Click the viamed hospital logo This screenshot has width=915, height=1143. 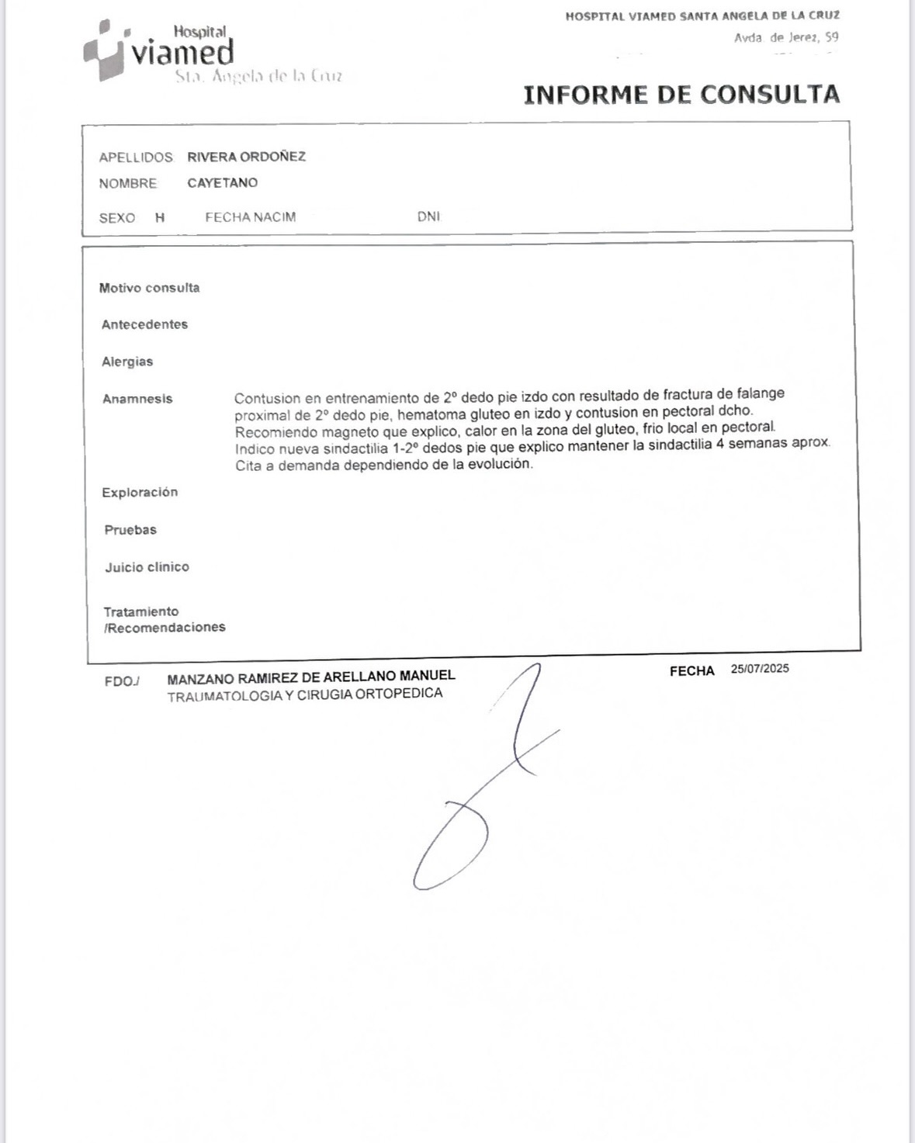tap(159, 51)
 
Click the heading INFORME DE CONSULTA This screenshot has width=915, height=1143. tap(681, 95)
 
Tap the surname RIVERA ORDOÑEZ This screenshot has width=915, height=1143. tap(246, 157)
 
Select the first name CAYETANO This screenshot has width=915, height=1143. tap(222, 183)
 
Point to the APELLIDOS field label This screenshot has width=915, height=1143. tap(136, 158)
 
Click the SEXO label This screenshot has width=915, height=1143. tap(117, 218)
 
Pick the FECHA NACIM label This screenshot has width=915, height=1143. tap(250, 217)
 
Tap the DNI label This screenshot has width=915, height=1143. tap(428, 216)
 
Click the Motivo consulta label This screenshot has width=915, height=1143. tap(149, 288)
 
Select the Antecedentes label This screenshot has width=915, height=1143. tap(144, 324)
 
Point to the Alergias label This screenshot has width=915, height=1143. tap(127, 362)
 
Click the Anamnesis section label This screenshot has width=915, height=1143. tap(137, 399)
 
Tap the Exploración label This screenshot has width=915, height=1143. tap(140, 493)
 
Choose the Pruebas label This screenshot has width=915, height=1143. tap(130, 530)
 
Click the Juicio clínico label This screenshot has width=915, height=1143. tap(147, 567)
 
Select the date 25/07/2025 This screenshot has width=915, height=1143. tap(759, 669)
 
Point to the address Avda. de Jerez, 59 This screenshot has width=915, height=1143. tap(785, 37)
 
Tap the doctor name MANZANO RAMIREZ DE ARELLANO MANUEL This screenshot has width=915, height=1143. tap(311, 677)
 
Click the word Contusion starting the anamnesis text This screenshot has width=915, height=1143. tap(267, 399)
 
